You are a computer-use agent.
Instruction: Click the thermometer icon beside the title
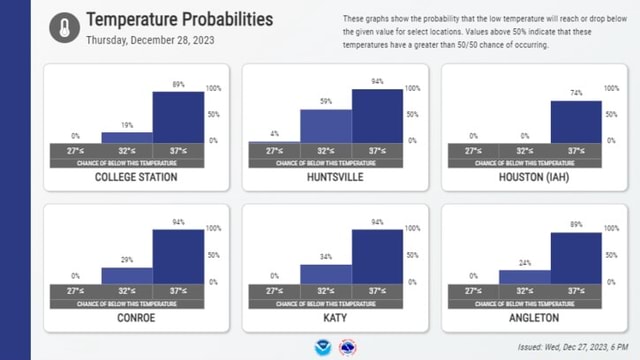[x=63, y=28]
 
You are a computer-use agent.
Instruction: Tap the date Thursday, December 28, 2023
[x=150, y=41]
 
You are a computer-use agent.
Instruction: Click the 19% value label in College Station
[x=127, y=125]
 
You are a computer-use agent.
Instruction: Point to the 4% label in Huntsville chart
[x=274, y=133]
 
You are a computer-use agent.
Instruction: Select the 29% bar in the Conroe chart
[x=127, y=276]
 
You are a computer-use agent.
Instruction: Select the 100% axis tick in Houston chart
[x=611, y=89]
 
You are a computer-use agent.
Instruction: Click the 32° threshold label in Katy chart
[x=325, y=290]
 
